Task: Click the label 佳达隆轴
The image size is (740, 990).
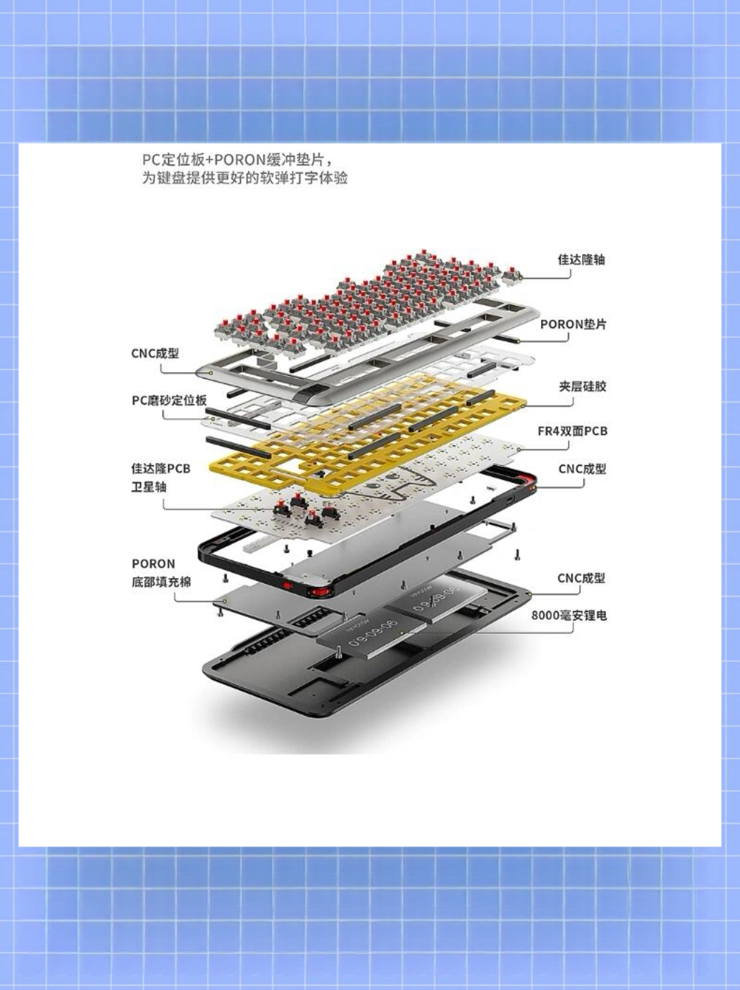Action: (581, 259)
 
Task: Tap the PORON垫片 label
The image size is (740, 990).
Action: (573, 324)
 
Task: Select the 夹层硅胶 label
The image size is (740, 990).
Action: (583, 386)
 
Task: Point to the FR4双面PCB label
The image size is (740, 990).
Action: (573, 431)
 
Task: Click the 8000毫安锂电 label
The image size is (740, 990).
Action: (569, 615)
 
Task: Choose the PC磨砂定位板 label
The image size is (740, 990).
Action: (169, 400)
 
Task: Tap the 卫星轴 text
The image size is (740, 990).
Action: (149, 487)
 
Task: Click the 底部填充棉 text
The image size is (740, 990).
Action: (161, 582)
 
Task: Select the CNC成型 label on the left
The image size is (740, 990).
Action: (156, 353)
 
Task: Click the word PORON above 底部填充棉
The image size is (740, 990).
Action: (153, 564)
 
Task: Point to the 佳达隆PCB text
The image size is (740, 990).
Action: (161, 469)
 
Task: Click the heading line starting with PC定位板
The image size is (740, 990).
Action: (239, 160)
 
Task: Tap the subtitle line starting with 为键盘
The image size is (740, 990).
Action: (245, 178)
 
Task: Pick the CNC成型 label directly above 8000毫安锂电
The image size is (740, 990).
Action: (581, 578)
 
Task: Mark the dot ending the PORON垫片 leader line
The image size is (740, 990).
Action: (520, 341)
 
